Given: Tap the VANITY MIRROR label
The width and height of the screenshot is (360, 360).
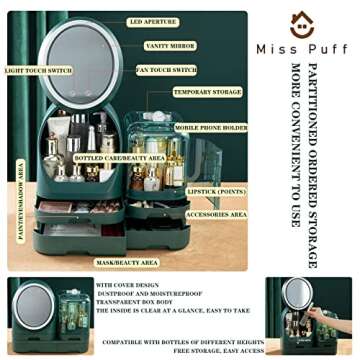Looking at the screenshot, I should click(x=169, y=46).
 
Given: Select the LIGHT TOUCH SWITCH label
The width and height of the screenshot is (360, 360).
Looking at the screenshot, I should click(x=37, y=71).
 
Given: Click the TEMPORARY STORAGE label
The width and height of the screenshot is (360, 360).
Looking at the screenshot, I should click(x=207, y=92).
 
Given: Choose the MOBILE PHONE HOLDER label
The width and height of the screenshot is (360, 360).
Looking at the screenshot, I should click(x=212, y=127).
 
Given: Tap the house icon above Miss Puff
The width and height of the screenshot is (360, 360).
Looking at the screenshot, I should click(x=302, y=24).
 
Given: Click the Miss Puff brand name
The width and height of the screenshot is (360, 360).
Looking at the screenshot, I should click(x=302, y=49).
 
